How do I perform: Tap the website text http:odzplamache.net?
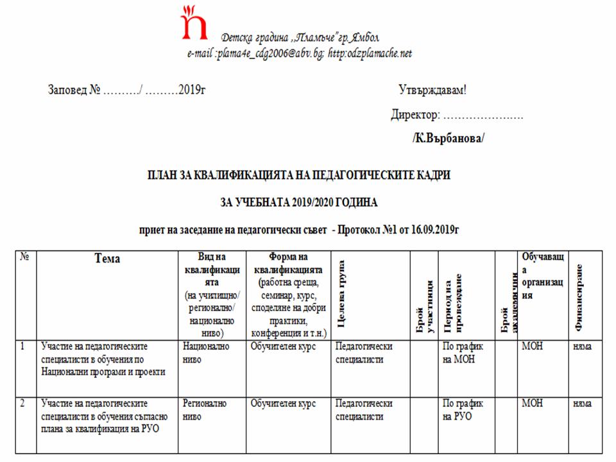[x=370, y=53]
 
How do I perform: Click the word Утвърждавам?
[x=432, y=90]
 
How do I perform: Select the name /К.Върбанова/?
[x=448, y=138]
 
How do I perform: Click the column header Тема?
[x=107, y=259]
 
